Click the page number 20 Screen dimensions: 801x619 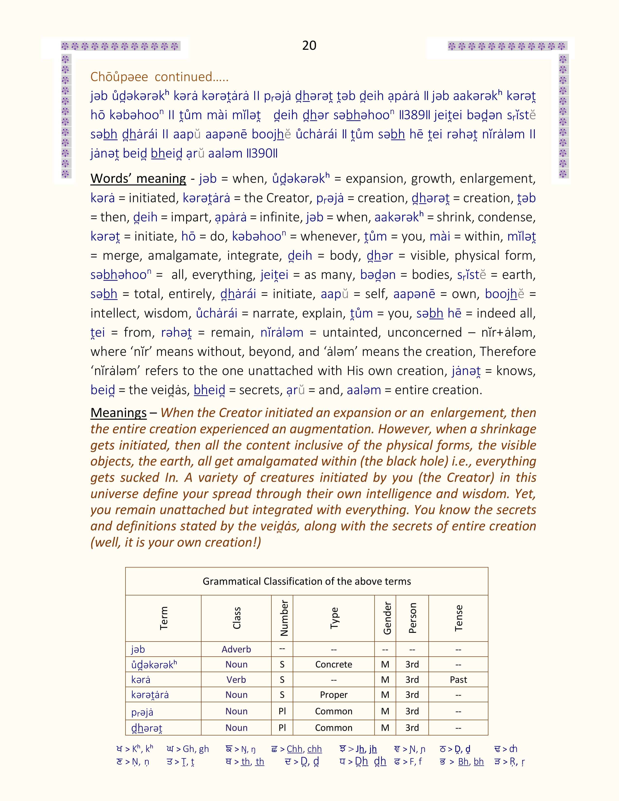[x=309, y=45]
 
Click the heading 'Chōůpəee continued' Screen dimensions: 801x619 [x=159, y=77]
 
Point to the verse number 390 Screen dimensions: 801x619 [x=262, y=153]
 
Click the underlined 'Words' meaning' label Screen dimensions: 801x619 [x=138, y=179]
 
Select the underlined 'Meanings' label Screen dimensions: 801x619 [x=118, y=413]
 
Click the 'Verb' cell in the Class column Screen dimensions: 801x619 [x=236, y=680]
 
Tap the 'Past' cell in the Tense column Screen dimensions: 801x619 [x=458, y=680]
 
